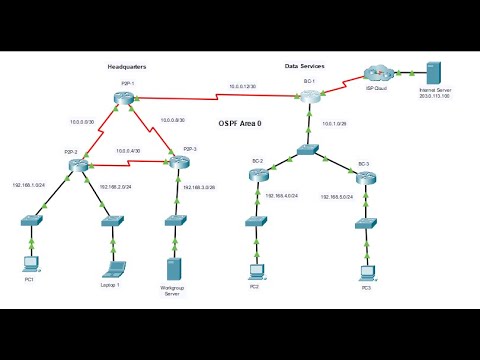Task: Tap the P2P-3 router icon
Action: (x=177, y=162)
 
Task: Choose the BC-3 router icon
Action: (x=366, y=177)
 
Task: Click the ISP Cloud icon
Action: (x=380, y=72)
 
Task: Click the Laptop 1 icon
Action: (x=113, y=268)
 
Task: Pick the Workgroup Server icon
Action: (x=173, y=270)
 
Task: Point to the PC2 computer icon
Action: (x=257, y=269)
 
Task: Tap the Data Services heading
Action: (x=306, y=66)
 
